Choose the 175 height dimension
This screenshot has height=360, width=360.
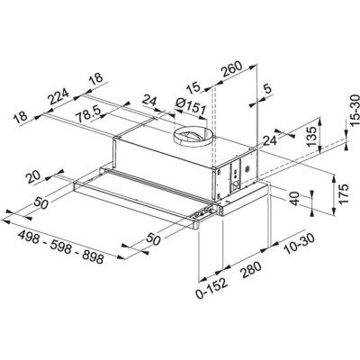click(344, 194)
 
